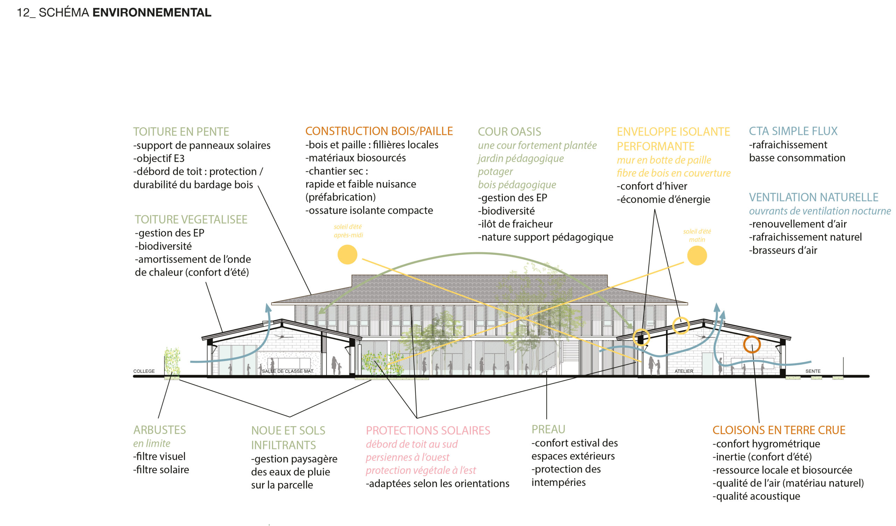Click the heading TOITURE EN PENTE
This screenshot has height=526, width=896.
pyautogui.click(x=181, y=132)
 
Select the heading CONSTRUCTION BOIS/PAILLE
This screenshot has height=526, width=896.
pyautogui.click(x=379, y=131)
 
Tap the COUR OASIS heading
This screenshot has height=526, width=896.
pyautogui.click(x=509, y=132)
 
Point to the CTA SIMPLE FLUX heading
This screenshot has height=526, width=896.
pyautogui.click(x=793, y=131)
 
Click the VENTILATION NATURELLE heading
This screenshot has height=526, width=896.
pyautogui.click(x=813, y=197)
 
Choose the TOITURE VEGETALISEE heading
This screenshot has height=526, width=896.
pyautogui.click(x=191, y=220)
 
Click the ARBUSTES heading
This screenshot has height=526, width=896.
pyautogui.click(x=159, y=430)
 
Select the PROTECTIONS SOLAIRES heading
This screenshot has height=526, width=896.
pyautogui.click(x=428, y=431)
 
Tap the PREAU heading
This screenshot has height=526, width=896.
pyautogui.click(x=548, y=430)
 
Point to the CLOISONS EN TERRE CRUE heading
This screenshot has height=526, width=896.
pyautogui.click(x=779, y=430)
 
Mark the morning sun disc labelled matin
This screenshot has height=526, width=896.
pyautogui.click(x=697, y=255)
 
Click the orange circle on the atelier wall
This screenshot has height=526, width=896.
pyautogui.click(x=752, y=344)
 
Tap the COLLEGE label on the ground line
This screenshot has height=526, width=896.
pyautogui.click(x=144, y=371)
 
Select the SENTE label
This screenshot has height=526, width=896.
pyautogui.click(x=813, y=371)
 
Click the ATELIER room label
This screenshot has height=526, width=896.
pyautogui.click(x=684, y=371)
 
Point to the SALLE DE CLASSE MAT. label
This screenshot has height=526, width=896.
pyautogui.click(x=288, y=371)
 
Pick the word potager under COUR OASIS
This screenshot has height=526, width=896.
pyautogui.click(x=495, y=172)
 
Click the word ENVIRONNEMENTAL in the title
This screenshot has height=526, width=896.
pyautogui.click(x=152, y=13)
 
